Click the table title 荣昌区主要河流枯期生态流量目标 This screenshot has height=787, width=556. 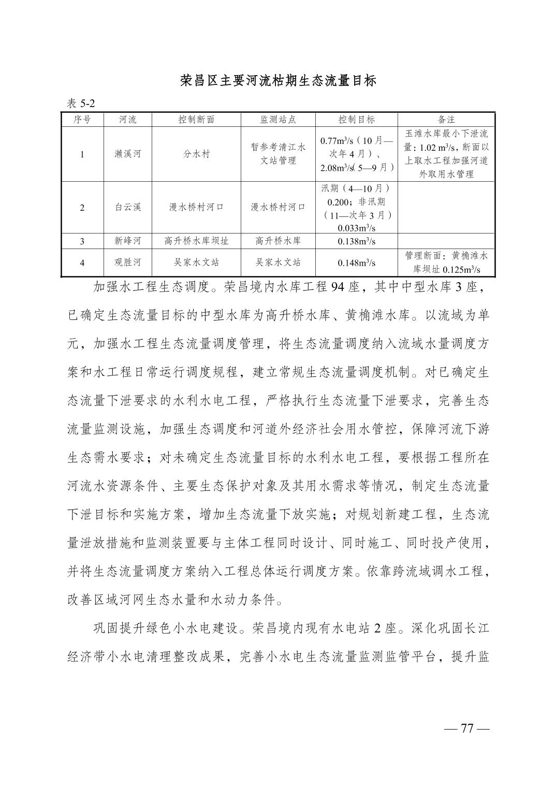click(x=278, y=81)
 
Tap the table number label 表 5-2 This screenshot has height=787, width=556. click(x=81, y=104)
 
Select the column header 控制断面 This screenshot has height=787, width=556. click(x=196, y=120)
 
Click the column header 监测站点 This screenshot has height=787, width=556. click(x=278, y=120)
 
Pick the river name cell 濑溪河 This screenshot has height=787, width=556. click(x=127, y=154)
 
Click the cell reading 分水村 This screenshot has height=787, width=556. click(x=196, y=154)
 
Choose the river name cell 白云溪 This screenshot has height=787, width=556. click(x=127, y=207)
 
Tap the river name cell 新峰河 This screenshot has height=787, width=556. click(x=127, y=241)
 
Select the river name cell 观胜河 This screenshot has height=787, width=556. click(x=127, y=263)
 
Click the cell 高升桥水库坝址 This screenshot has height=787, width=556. click(x=196, y=241)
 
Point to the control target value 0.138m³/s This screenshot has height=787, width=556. click(x=357, y=241)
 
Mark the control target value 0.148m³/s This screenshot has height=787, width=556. click(x=357, y=263)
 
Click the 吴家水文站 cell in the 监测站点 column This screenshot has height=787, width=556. click(x=278, y=263)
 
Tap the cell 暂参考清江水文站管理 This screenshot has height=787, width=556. click(x=278, y=154)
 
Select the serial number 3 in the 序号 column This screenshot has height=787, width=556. click(x=82, y=241)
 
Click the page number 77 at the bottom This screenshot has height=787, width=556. click(x=467, y=728)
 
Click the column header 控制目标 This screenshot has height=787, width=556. click(x=357, y=120)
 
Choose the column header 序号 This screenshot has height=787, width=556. click(x=82, y=120)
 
